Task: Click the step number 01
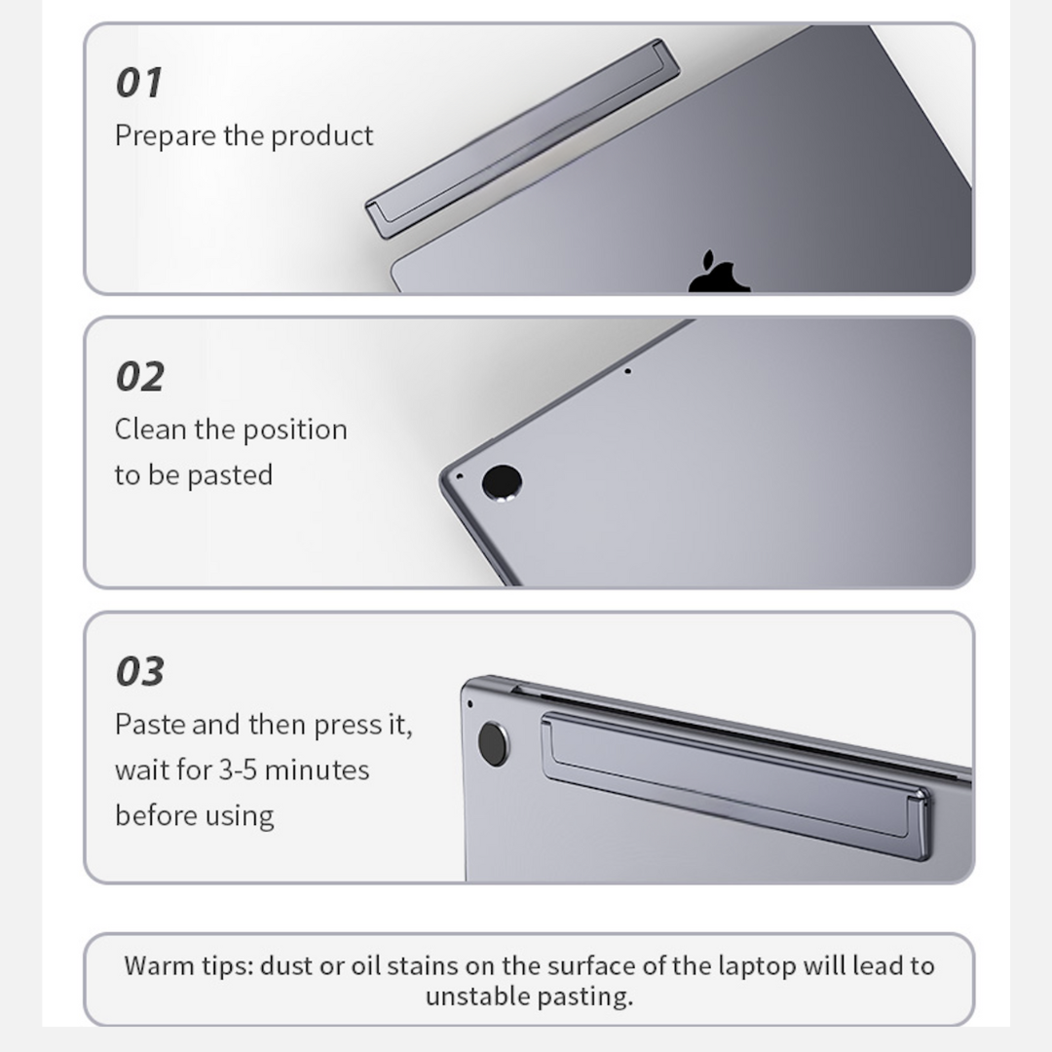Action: tap(139, 83)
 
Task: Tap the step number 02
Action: tap(139, 376)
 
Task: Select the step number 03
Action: tap(139, 671)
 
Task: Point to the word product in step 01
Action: tap(322, 136)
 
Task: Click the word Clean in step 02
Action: tap(150, 430)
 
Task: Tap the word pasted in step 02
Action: tap(230, 475)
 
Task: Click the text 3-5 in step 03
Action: tap(239, 770)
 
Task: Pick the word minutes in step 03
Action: tap(318, 770)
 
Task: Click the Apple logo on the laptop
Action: tap(719, 272)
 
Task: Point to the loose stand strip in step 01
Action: tap(523, 139)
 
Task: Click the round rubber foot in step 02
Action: tap(502, 482)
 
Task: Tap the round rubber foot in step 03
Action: tap(493, 745)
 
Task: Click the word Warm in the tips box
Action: tap(155, 966)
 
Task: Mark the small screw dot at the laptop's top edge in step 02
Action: tap(627, 371)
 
